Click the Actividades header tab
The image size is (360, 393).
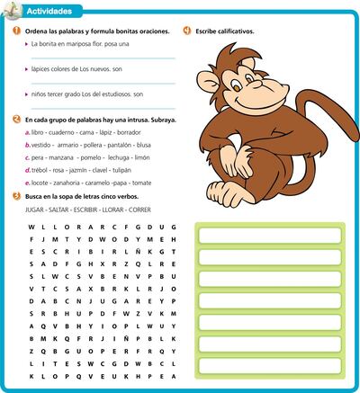coord(47,11)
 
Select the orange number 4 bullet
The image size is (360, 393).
coord(186,31)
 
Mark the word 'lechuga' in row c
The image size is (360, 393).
coord(121,156)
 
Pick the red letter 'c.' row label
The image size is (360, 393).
coord(28,156)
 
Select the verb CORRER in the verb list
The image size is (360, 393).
coord(139,209)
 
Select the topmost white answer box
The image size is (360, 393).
coord(271,236)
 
